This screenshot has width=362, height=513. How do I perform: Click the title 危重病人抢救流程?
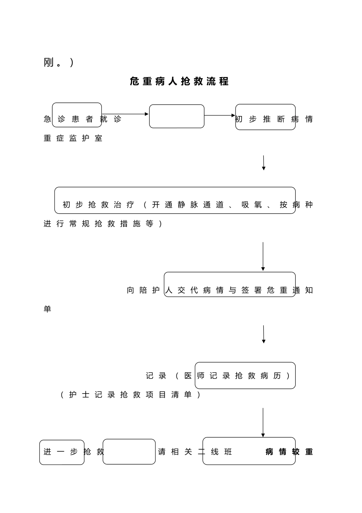pos(179,81)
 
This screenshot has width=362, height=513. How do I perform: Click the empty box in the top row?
pos(176,116)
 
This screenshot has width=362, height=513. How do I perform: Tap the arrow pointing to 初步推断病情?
pos(220,115)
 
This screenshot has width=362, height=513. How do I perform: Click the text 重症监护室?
pos(73,138)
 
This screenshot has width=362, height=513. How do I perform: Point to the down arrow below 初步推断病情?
pos(263,163)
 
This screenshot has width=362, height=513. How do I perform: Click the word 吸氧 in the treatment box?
pos(252,205)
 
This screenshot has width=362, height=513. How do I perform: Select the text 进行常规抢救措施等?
pos(103,224)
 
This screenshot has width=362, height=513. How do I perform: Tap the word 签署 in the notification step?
pos(251,290)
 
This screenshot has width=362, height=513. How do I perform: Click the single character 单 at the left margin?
pos(47,309)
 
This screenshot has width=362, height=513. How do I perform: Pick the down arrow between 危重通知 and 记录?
pos(263,334)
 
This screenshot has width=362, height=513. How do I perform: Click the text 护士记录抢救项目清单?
pos(130,395)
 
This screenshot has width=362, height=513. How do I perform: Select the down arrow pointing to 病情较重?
pos(263,422)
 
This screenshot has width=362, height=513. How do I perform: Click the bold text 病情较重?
pos(289,452)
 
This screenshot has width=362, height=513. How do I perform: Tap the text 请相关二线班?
pos(195,452)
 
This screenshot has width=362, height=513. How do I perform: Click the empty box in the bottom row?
pos(129,452)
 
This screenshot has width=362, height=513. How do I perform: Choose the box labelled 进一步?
pos(61,452)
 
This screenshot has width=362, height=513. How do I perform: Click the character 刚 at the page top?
pos(48,62)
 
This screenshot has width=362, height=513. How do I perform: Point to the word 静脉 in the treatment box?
pos(188,205)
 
